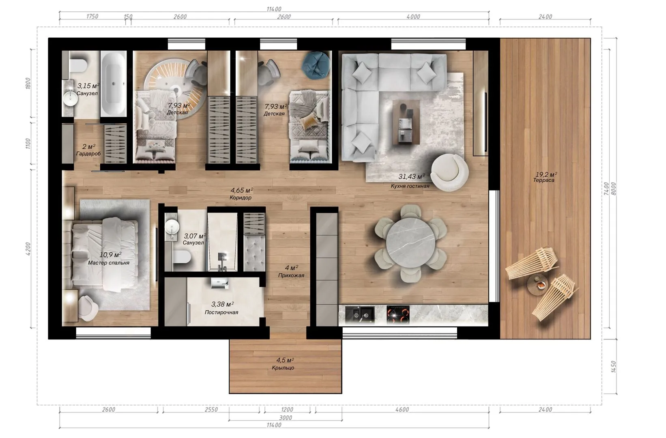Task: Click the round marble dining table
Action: pyautogui.click(x=410, y=243)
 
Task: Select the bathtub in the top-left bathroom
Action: pyautogui.click(x=113, y=83)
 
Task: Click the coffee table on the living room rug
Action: pyautogui.click(x=406, y=122)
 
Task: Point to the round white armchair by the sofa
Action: pyautogui.click(x=449, y=172)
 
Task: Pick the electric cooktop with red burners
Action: pyautogui.click(x=398, y=315)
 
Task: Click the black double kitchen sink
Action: pyautogui.click(x=359, y=314)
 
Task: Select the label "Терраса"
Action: pyautogui.click(x=544, y=180)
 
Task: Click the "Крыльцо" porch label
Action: pyautogui.click(x=283, y=368)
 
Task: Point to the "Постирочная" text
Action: pyautogui.click(x=221, y=312)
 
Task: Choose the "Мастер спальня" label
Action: pyautogui.click(x=109, y=263)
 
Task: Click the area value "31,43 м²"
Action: pyautogui.click(x=412, y=176)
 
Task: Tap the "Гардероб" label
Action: pyautogui.click(x=88, y=154)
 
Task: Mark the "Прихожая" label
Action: pyautogui.click(x=291, y=275)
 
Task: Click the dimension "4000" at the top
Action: pyautogui.click(x=413, y=17)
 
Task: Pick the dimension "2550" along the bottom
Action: pyautogui.click(x=211, y=410)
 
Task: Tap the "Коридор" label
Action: pyautogui.click(x=241, y=198)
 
